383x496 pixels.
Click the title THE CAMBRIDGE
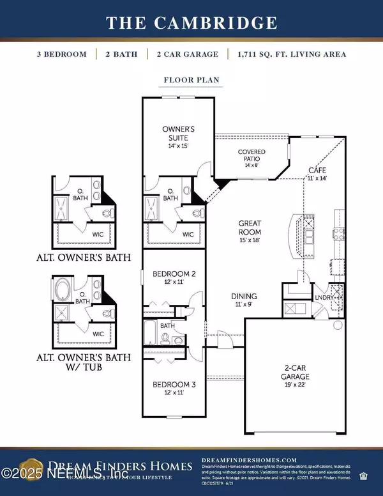click(191, 23)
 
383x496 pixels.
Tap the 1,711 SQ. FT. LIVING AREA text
click(300, 54)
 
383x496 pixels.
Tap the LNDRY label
click(321, 297)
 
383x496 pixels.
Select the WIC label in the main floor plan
click(188, 235)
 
